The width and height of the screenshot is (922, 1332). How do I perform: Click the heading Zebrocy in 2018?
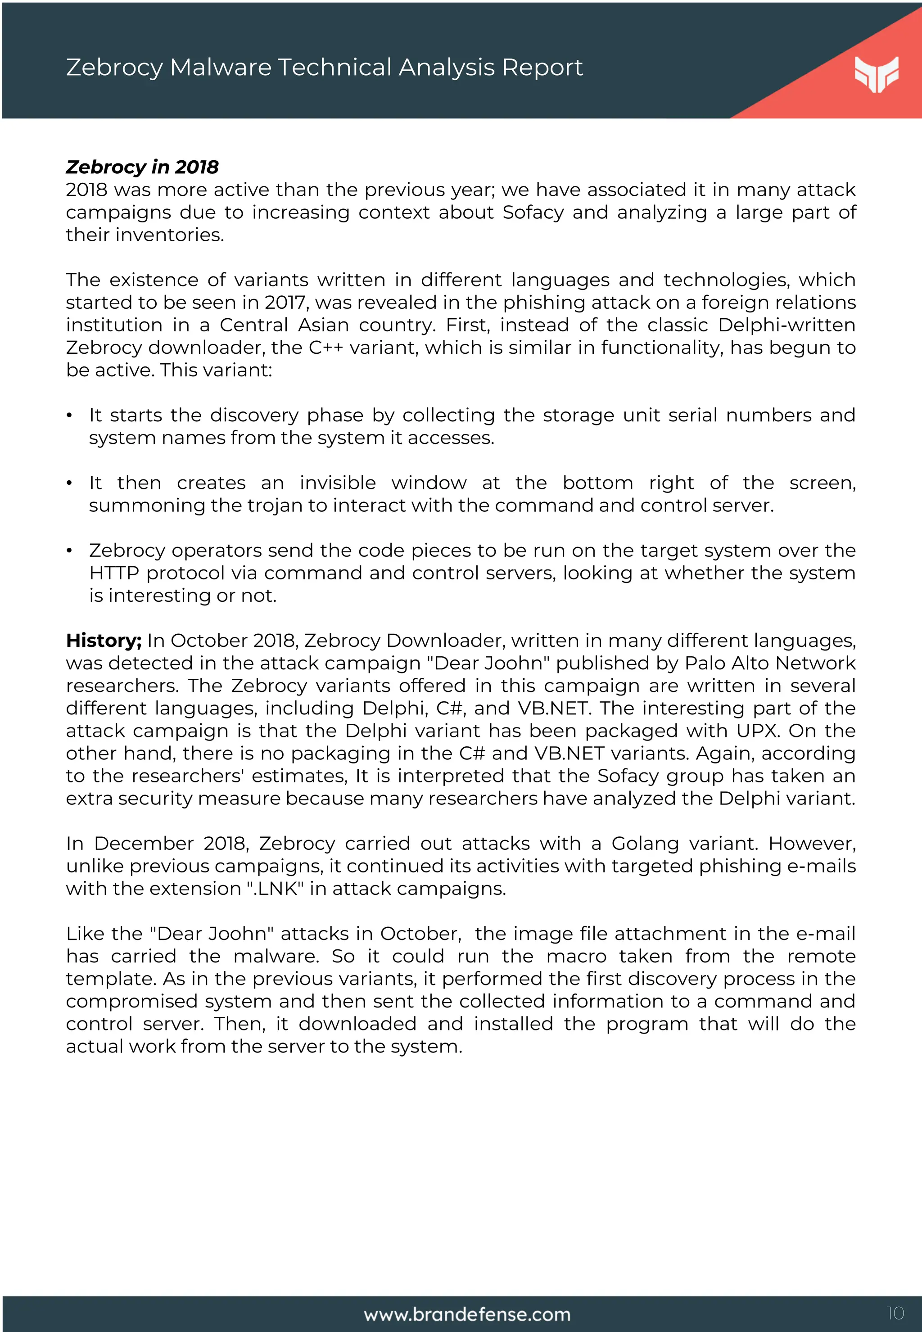click(142, 167)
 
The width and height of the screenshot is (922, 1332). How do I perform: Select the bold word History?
click(104, 641)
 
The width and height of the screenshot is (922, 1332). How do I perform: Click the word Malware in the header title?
click(221, 68)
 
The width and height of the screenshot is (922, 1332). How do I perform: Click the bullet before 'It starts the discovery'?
click(69, 416)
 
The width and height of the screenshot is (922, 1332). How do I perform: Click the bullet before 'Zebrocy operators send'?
click(69, 551)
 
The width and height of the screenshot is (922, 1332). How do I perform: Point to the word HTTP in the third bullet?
click(114, 573)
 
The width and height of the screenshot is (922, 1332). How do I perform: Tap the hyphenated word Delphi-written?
click(786, 325)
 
